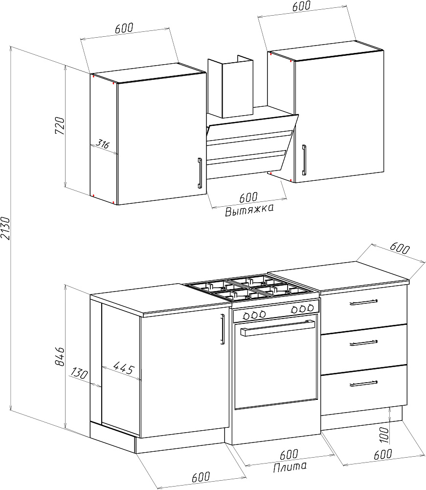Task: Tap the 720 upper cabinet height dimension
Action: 60,125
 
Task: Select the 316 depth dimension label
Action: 102,144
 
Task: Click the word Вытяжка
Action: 249,210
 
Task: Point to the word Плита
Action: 290,466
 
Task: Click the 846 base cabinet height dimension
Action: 60,356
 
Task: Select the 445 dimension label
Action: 124,368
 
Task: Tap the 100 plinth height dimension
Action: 385,435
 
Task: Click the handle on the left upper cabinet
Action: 200,173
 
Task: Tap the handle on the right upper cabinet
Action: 304,160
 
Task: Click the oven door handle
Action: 277,328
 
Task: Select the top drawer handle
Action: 363,302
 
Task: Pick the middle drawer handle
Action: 363,343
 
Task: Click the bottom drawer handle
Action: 363,384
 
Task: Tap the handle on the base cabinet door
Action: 223,329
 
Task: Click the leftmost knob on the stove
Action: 247,316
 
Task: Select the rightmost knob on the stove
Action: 310,308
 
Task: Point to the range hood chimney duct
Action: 230,87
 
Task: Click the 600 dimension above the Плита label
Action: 289,455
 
